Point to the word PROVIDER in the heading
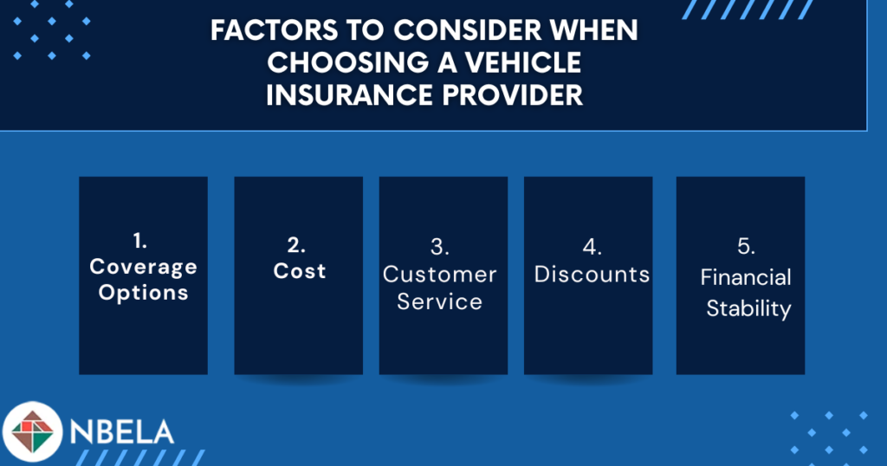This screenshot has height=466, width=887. point(513,95)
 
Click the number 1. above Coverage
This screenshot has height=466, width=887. point(140,241)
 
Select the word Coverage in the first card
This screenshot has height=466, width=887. point(143,267)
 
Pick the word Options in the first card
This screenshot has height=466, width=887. point(143,293)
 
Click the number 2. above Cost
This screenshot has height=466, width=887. point(296,245)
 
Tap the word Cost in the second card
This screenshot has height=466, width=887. point(299,271)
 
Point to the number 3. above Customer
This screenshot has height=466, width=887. point(439,247)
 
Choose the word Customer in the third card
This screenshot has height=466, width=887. point(439,275)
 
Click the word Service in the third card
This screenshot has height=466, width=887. point(439,301)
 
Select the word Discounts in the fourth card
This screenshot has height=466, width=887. point(592,275)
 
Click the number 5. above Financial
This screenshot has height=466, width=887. point(746,247)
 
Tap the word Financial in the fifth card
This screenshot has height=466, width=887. point(746,277)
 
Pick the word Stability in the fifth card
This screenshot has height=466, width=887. point(748,308)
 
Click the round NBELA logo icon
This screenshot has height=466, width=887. point(32,431)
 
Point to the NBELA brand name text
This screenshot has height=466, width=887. point(121,432)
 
